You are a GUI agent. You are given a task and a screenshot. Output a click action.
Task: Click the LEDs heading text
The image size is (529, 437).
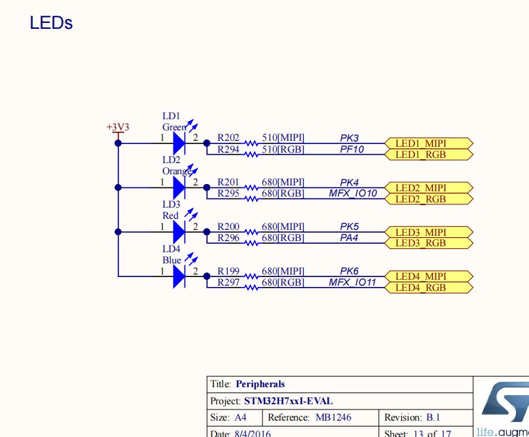(51, 23)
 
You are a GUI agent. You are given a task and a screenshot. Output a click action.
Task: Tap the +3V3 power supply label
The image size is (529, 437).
(118, 126)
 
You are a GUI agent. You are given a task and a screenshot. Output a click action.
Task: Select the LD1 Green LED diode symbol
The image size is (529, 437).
(179, 143)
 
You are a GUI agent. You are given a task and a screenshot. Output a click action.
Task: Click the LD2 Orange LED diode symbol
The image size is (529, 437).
(179, 187)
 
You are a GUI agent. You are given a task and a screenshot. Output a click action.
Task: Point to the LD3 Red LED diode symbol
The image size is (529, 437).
(179, 232)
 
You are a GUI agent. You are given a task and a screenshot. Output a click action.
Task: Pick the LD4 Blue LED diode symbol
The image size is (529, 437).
(179, 276)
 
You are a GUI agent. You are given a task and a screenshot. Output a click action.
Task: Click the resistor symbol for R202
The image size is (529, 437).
(251, 143)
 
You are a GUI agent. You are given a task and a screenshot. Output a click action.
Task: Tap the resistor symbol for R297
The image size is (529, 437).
(251, 287)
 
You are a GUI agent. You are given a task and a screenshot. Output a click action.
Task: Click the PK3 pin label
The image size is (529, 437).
(349, 138)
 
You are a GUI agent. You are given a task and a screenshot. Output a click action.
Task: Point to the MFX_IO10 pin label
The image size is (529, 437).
(352, 193)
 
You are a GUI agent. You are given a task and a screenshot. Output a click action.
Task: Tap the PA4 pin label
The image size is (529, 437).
(349, 238)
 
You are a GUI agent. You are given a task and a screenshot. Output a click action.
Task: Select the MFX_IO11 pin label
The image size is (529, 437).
(352, 282)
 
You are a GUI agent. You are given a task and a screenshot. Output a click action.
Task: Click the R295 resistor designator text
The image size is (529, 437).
(228, 193)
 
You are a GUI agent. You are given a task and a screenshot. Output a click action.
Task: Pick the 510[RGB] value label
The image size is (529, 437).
(283, 149)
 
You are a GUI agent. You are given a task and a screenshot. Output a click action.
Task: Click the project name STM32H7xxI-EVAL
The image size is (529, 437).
(288, 401)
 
